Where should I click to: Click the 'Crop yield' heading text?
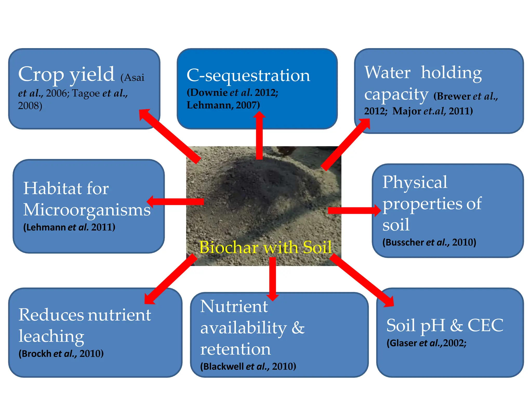[x=66, y=74]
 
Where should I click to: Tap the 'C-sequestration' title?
[x=248, y=75]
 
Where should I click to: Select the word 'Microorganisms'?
[x=87, y=210]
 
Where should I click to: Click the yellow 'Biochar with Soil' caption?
[x=265, y=247]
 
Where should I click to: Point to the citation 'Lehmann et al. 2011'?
[x=69, y=227]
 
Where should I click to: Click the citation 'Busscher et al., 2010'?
[x=429, y=242]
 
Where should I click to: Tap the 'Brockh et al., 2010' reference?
[x=61, y=354]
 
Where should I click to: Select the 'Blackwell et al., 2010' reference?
[x=248, y=366]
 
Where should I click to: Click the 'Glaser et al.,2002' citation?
[x=426, y=343]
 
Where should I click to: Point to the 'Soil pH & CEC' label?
[x=445, y=325]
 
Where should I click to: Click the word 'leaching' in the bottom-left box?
[x=51, y=336]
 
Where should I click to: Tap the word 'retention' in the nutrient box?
[x=235, y=349]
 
